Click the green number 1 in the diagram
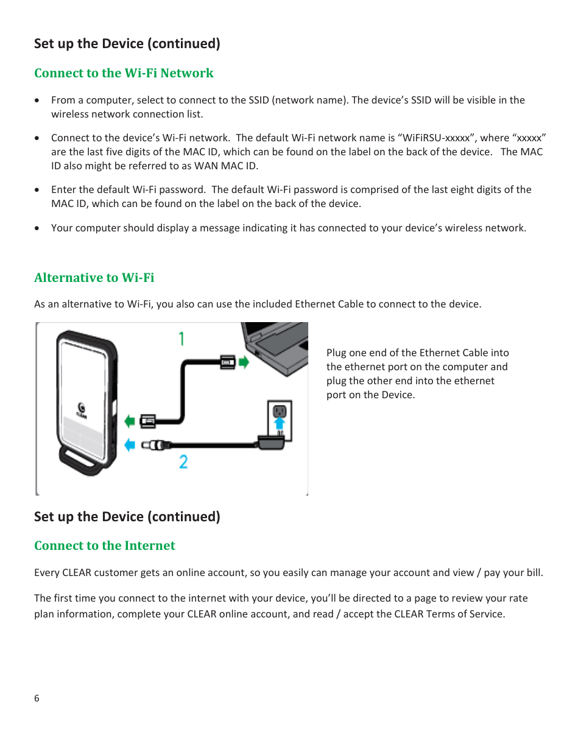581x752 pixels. [181, 339]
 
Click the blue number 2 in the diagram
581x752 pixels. [183, 462]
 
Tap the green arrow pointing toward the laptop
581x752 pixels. [244, 363]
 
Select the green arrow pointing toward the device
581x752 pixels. [130, 421]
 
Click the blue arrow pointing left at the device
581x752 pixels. [130, 445]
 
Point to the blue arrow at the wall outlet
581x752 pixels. [280, 423]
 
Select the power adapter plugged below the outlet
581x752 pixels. [272, 442]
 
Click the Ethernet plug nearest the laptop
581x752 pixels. [228, 363]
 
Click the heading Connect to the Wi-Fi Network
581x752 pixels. [124, 73]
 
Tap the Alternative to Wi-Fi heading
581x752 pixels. [94, 278]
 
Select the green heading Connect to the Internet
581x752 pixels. [105, 546]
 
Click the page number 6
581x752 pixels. [37, 698]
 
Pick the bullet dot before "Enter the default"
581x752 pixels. [37, 190]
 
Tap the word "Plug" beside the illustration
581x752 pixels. [336, 353]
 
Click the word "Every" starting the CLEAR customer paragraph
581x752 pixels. [47, 572]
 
